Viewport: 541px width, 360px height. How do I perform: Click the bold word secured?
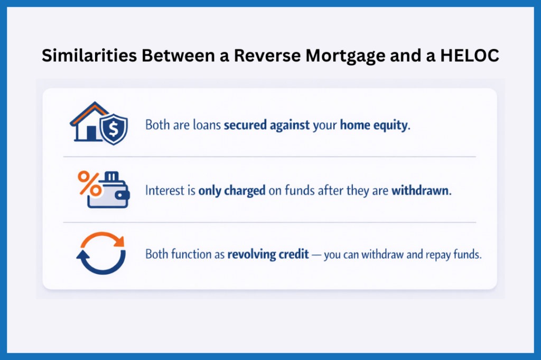245,126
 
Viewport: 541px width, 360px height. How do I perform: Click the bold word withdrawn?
421,191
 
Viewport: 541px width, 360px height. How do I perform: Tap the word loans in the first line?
209,126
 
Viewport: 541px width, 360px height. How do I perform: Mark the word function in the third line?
193,254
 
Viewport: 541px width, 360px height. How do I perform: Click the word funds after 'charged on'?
297,191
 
